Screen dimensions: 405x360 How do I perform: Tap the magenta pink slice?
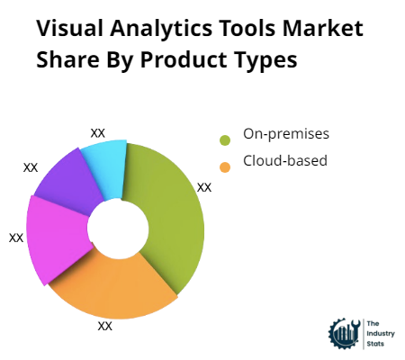pos(57,237)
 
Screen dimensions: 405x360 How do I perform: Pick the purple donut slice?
pos(70,183)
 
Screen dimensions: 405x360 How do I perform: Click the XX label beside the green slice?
pos(204,187)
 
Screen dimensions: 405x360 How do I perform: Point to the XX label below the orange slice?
pos(105,326)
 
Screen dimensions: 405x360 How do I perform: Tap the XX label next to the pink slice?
pos(16,238)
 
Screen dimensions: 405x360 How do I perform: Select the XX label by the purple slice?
pos(31,167)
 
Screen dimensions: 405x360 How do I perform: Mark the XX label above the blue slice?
pos(98,133)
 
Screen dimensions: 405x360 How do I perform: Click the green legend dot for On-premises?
pos(225,140)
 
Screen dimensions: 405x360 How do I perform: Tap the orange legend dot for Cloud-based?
pos(225,167)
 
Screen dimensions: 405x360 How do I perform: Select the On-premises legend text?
pos(286,134)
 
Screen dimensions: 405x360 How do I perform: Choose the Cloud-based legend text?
pos(285,160)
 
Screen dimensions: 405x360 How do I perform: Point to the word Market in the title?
pos(323,28)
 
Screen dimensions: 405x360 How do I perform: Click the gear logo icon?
pos(345,334)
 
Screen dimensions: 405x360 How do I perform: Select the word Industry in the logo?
pos(381,334)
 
